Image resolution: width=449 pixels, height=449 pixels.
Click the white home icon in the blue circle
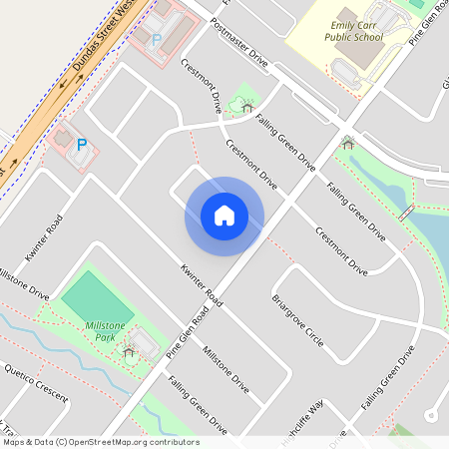[x=224, y=215]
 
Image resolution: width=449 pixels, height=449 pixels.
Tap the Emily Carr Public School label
[x=340, y=31]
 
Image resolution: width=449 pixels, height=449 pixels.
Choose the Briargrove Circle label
[x=298, y=320]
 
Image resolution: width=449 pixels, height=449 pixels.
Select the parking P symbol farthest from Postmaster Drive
[x=82, y=145]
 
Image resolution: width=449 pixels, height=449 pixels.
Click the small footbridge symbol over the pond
[x=406, y=213]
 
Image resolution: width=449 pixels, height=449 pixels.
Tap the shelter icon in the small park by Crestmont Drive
[x=246, y=106]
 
